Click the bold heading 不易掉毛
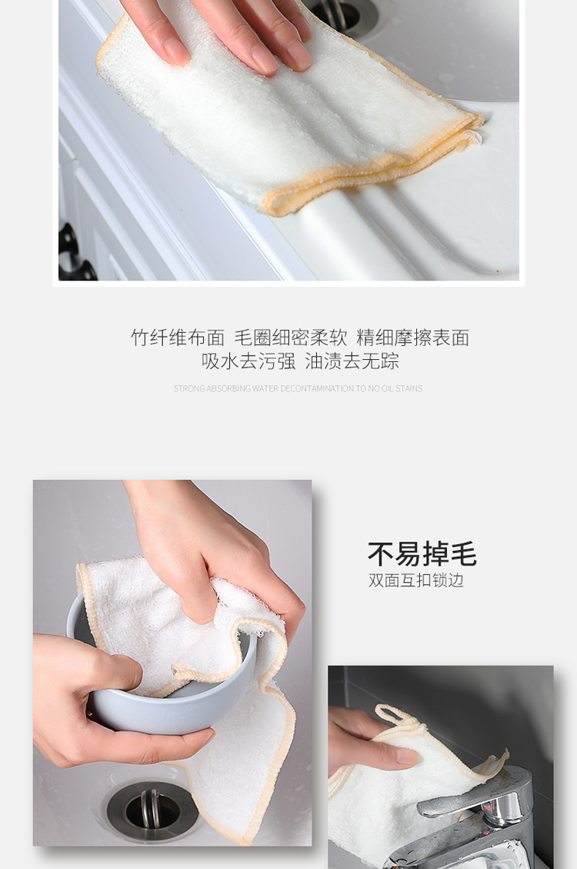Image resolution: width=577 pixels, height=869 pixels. tap(422, 554)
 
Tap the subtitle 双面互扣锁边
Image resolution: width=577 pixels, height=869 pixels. tap(416, 580)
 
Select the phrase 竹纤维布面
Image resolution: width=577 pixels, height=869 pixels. tap(178, 337)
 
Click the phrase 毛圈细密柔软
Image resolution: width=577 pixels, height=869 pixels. tap(291, 337)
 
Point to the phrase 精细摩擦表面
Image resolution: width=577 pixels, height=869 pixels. tap(413, 337)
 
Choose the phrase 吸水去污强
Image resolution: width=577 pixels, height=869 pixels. tap(248, 361)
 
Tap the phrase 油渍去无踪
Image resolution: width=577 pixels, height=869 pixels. tap(352, 361)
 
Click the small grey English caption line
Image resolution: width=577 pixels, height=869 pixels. tap(299, 388)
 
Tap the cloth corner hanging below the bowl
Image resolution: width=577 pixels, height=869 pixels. tap(243, 776)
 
